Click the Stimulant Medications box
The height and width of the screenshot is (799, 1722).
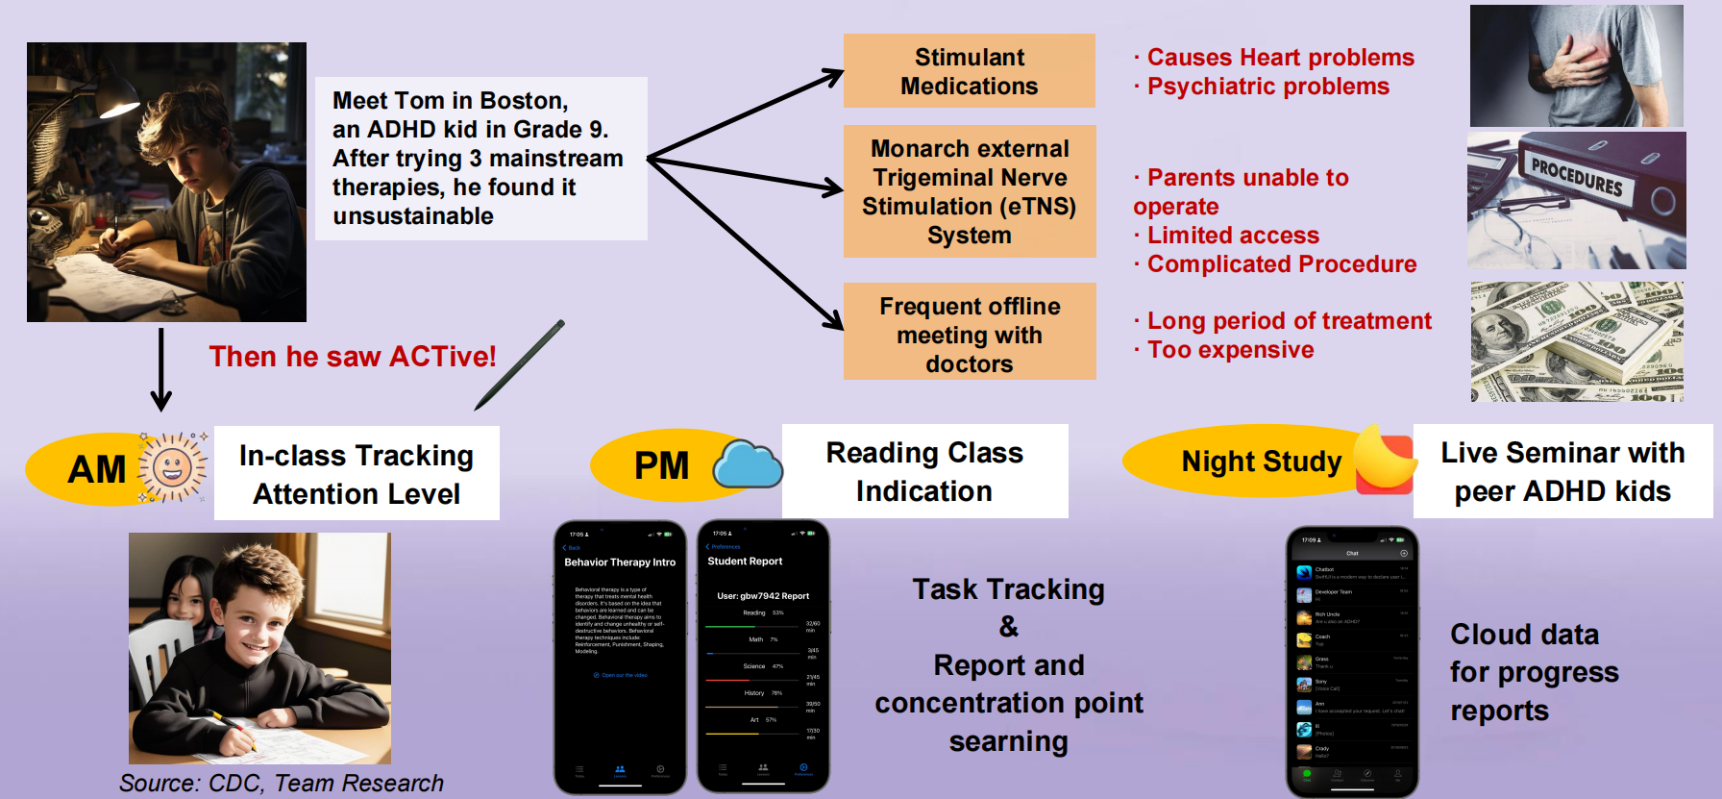(969, 71)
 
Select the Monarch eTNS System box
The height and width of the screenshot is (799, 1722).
(969, 191)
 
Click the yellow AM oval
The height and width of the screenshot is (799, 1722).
(91, 469)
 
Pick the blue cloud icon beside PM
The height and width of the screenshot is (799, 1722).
(748, 465)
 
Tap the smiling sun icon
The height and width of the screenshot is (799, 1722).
(173, 468)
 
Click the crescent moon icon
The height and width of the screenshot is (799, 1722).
(1384, 459)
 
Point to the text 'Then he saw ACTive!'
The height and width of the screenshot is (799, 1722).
(353, 357)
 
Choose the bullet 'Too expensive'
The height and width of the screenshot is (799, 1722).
(1230, 350)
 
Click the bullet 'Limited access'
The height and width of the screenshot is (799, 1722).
(1233, 236)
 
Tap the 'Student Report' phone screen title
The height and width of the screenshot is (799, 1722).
(745, 562)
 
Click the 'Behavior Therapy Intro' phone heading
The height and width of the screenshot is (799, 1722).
(620, 562)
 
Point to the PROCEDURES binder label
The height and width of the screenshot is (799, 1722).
(1576, 178)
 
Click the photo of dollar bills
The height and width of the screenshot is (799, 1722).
(1576, 341)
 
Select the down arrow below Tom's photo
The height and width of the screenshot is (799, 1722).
(161, 370)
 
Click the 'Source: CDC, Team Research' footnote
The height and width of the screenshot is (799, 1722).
(281, 784)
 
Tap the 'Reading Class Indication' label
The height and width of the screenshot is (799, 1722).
(924, 471)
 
